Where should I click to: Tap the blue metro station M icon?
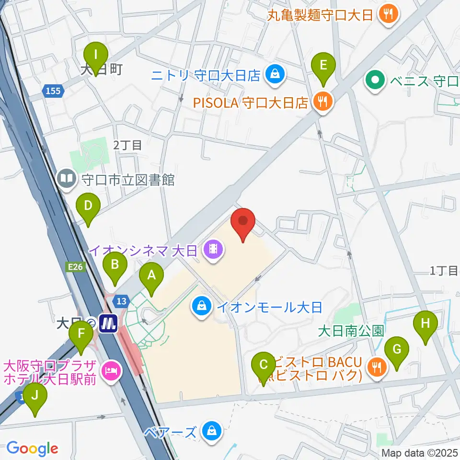(x=109, y=323)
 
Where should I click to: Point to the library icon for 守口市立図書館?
(x=66, y=180)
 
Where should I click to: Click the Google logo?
(x=32, y=448)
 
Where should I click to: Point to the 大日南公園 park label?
(x=351, y=331)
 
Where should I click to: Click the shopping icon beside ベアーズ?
(x=211, y=431)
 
